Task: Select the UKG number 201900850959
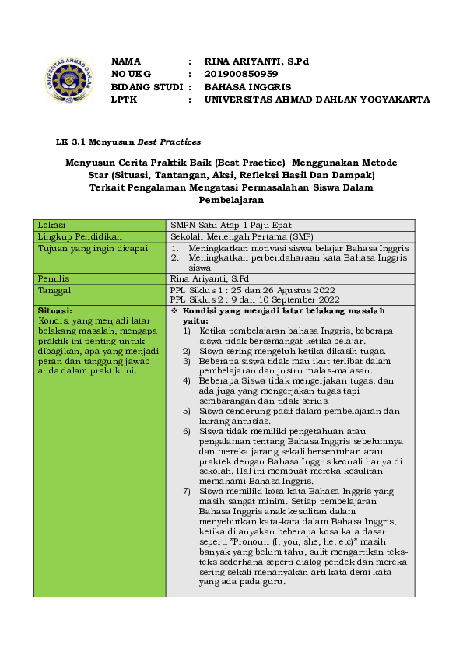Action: pos(241,74)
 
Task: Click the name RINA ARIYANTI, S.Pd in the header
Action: pos(257,61)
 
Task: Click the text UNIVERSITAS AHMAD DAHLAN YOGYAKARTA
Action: pos(317,100)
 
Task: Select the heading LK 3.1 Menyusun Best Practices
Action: pos(128,142)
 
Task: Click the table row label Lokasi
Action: pos(52,225)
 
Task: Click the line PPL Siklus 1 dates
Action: pos(254,289)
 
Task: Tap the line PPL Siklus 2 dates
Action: pos(254,299)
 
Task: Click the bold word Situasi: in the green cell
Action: pos(55,310)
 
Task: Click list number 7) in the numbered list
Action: pos(187,492)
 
